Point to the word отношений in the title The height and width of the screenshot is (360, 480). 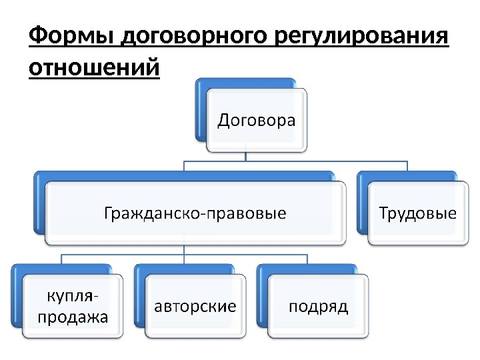95,68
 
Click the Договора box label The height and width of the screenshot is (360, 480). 257,121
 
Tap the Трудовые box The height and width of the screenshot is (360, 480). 417,213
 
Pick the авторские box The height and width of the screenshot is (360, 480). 195,306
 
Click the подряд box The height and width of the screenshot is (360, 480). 318,306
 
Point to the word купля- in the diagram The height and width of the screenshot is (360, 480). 69,295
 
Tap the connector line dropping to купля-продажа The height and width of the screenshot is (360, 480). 61,259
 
